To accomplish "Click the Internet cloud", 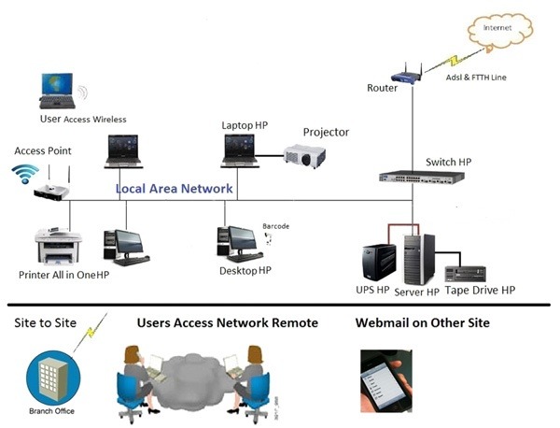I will tap(497, 30).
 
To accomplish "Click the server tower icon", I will tap(418, 258).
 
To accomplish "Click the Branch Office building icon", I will tap(51, 378).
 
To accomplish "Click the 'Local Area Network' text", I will tap(175, 189).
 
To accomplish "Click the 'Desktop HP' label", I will tap(245, 271).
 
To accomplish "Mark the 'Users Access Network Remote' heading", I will tap(228, 323).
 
